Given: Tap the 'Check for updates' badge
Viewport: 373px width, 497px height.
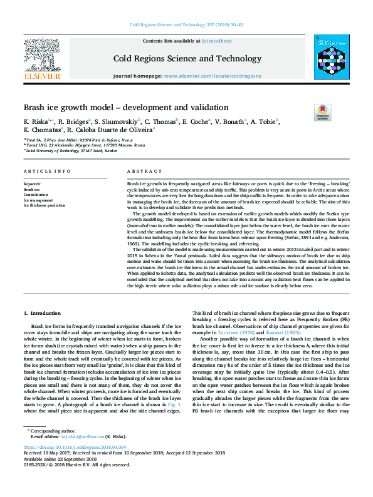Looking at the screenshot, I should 322,112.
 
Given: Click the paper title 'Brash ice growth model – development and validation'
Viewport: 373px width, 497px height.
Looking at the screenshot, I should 125,108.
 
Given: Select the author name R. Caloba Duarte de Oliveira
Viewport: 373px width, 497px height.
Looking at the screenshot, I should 108,130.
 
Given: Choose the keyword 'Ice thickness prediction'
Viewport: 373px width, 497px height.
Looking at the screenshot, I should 45,205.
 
